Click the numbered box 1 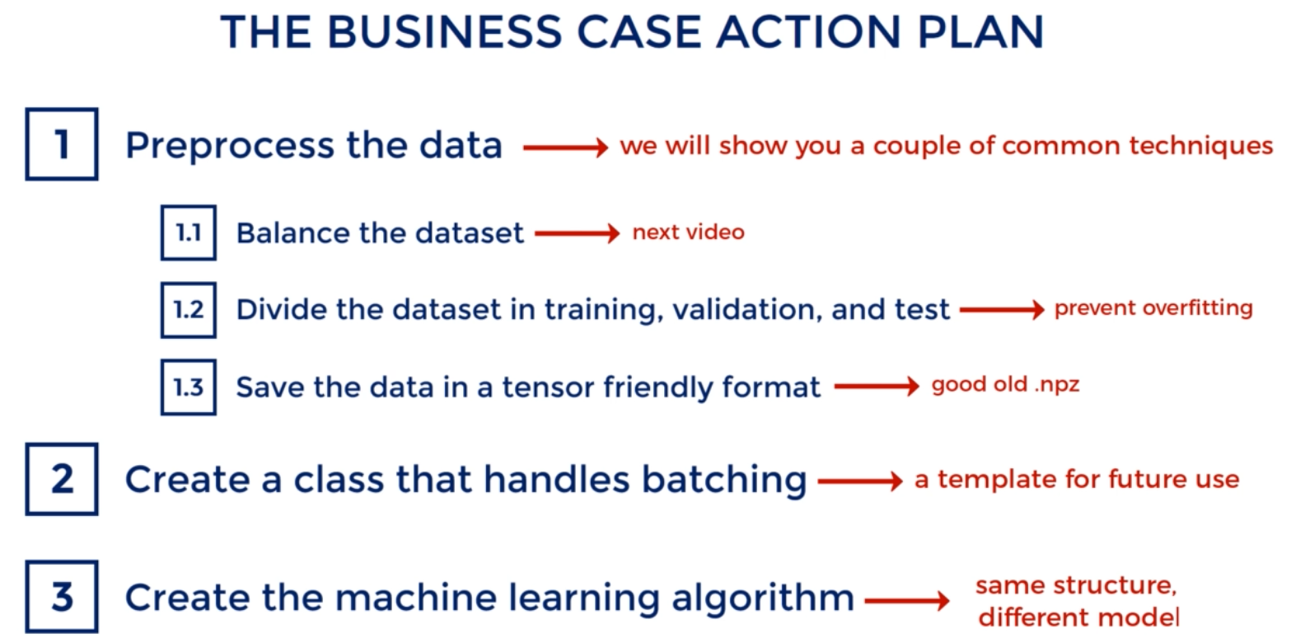coord(62,144)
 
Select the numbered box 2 coord(62,479)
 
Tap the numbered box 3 coord(62,597)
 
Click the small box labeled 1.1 coord(188,232)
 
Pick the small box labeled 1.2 coord(188,310)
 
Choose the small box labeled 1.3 coord(188,386)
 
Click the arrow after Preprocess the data coord(564,148)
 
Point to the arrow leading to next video coord(577,234)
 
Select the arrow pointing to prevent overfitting coord(1001,310)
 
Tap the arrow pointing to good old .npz coord(877,386)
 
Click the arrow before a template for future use coord(860,481)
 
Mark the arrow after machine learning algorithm coord(907,600)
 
